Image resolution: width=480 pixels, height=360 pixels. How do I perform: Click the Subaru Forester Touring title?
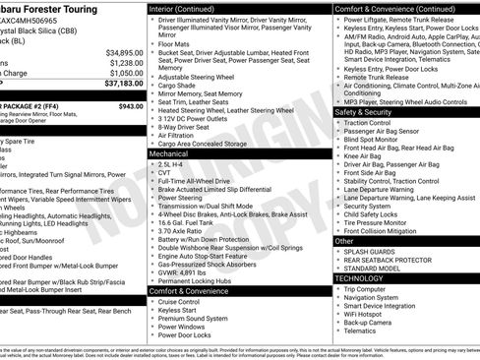[x=55, y=7]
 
